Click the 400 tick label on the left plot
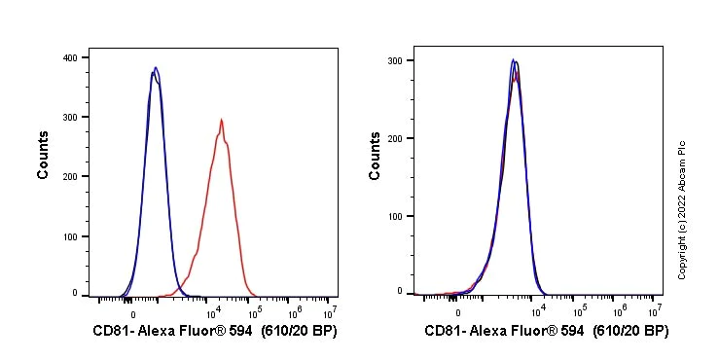[71, 57]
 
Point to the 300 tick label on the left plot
[71, 117]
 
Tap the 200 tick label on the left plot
[71, 176]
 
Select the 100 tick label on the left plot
[71, 235]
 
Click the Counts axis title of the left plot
[44, 155]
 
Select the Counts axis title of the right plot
[376, 155]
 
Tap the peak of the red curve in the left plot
[222, 120]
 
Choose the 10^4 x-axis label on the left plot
[214, 311]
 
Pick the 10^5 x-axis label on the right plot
[580, 311]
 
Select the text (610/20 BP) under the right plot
[630, 332]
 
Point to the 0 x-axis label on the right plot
[458, 313]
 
